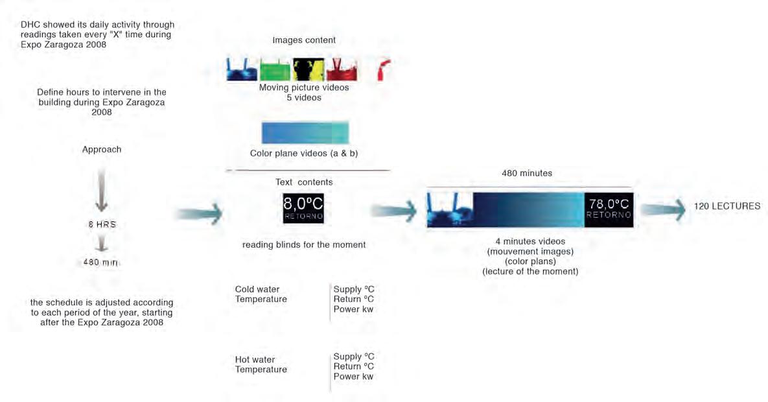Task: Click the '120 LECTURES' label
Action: coord(727,207)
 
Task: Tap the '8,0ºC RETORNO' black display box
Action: coord(303,209)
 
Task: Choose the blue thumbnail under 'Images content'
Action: coord(241,69)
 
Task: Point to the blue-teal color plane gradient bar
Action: coord(305,132)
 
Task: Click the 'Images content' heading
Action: coord(304,40)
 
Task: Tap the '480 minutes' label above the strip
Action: coord(526,174)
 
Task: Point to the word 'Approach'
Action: coord(102,150)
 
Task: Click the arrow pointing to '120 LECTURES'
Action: coord(662,207)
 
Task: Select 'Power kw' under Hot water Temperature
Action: coord(353,376)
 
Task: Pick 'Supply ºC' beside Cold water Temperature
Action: coord(353,289)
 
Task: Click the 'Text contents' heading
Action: coord(304,182)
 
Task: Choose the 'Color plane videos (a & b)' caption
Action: coord(304,154)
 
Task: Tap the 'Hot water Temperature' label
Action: coord(261,364)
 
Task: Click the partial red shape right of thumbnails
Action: coord(384,69)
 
